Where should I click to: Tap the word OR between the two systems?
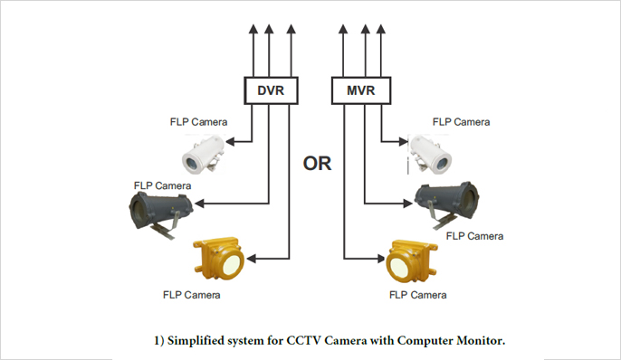pos(317,164)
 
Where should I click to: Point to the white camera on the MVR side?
pos(426,153)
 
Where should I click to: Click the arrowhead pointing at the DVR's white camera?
pos(231,140)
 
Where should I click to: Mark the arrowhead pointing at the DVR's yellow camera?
pos(251,260)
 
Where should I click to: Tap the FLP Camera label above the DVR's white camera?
pos(198,121)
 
